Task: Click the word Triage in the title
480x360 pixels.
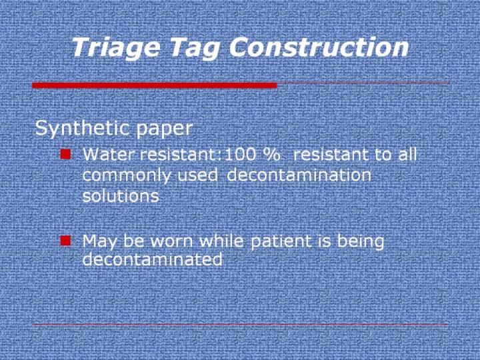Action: (116, 48)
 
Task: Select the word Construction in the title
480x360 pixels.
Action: (319, 47)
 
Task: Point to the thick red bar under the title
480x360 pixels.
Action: (155, 85)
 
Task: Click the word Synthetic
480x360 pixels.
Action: (83, 128)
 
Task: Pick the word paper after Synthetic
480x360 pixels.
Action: (164, 129)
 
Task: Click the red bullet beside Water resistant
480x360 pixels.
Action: (65, 154)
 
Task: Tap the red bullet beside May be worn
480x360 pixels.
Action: (65, 241)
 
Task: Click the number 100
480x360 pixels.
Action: (240, 154)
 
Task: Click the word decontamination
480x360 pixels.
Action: (299, 175)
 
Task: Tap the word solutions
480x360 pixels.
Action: (121, 195)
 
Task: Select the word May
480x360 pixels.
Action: (100, 242)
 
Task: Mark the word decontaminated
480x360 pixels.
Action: (153, 259)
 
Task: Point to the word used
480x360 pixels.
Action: (197, 175)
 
